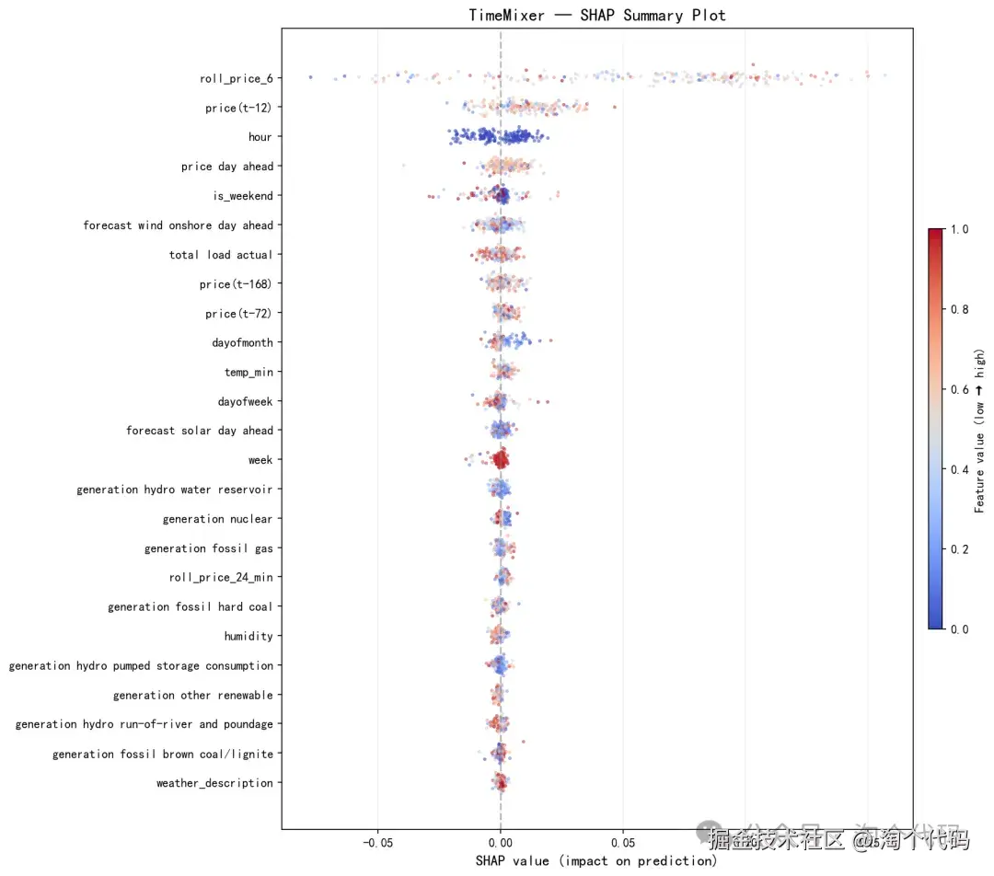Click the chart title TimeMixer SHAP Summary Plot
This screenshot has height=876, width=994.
click(596, 15)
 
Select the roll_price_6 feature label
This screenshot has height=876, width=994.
click(236, 79)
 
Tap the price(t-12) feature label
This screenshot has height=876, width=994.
click(238, 109)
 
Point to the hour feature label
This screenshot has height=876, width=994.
click(260, 137)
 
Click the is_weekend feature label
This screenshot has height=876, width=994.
click(242, 196)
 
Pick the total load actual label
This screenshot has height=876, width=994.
click(221, 255)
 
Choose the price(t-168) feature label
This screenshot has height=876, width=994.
click(236, 284)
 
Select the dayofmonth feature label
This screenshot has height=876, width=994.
click(242, 343)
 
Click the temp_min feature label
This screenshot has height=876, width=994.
click(248, 373)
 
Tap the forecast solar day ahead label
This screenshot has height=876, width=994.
click(200, 431)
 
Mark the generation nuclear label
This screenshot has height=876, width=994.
click(217, 519)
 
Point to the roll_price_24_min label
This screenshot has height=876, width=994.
click(221, 578)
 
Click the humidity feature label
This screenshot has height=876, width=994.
click(248, 637)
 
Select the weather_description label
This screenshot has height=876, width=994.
click(214, 783)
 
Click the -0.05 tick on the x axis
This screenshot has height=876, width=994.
click(377, 842)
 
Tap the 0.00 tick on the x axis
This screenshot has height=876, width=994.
click(501, 842)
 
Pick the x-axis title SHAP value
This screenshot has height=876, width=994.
click(596, 861)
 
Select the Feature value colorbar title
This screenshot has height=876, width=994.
click(980, 430)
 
